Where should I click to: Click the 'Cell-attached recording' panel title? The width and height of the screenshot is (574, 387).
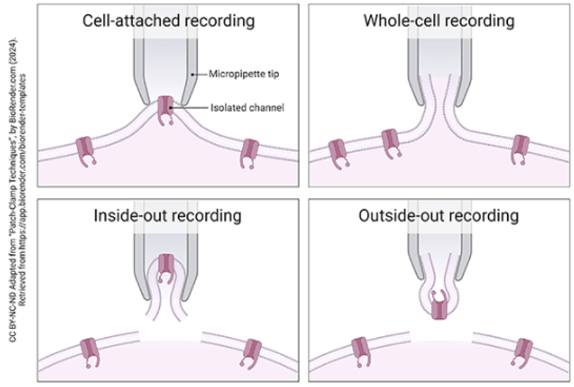point(168,20)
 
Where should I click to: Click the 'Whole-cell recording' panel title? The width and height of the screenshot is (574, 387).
point(438,20)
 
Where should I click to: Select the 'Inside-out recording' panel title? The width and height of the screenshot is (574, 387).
point(168,215)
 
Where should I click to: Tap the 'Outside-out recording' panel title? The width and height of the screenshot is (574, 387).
point(438,215)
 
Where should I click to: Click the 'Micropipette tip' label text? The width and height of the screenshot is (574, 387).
point(244,75)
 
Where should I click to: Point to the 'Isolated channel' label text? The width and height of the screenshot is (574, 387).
point(247,107)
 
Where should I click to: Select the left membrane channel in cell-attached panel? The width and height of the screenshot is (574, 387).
point(86,150)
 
